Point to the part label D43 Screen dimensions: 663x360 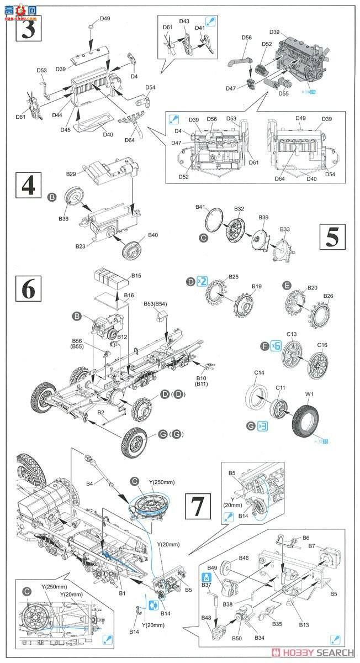[184, 21]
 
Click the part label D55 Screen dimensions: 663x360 [284, 94]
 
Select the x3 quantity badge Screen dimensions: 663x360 [262, 427]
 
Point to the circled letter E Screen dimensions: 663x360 [287, 285]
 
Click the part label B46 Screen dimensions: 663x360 [243, 559]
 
